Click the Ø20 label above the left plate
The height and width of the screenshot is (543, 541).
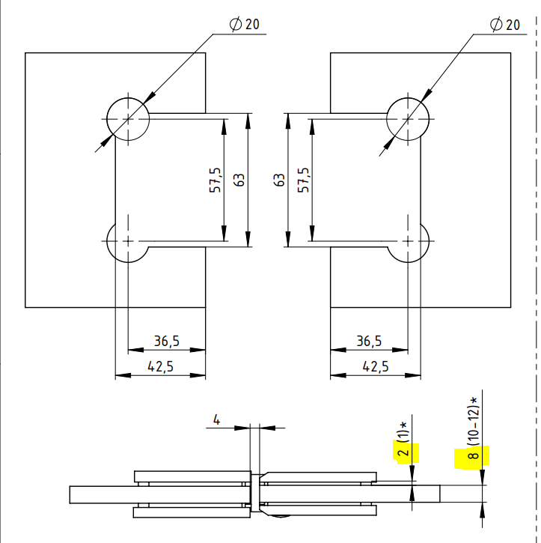245,24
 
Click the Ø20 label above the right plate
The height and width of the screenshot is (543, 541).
505,24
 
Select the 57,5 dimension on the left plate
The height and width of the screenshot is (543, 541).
215,181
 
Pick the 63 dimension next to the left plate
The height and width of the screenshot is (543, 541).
239,181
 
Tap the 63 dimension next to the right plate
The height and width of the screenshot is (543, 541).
279,181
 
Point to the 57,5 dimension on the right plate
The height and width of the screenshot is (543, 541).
303,181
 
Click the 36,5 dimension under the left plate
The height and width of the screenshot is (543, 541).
166,342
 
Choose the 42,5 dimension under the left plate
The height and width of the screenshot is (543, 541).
160,366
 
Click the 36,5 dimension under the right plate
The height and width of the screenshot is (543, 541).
369,342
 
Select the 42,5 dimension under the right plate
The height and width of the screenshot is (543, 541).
375,366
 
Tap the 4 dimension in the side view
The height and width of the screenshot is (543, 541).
217,420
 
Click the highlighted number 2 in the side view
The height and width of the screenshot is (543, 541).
403,452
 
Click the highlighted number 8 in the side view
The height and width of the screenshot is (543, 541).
473,455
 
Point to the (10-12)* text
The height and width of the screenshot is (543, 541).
473,419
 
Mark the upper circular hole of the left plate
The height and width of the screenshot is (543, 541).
128,118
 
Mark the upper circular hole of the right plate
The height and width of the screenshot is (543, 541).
409,118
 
